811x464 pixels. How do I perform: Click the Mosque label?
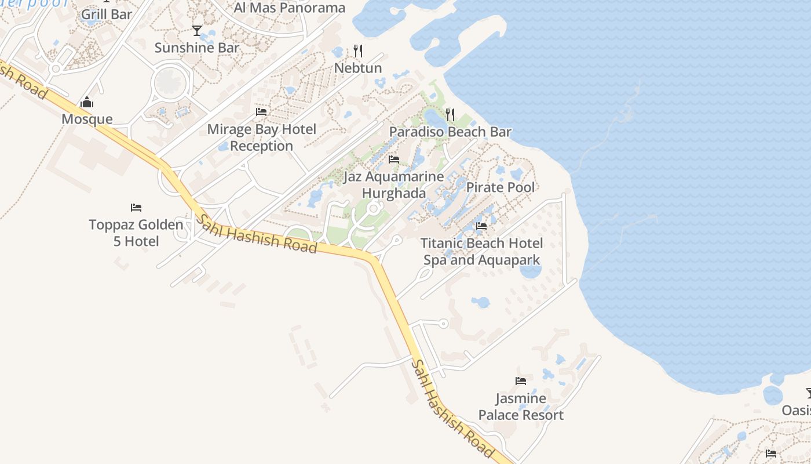[87, 119]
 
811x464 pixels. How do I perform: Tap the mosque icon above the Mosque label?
[87, 103]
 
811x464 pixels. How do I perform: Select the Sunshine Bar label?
[197, 48]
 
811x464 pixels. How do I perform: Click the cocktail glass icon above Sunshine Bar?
[197, 30]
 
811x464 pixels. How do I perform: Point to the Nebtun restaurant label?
[358, 68]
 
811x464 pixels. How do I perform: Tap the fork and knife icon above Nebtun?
[358, 51]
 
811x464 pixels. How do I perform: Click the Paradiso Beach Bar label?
[450, 132]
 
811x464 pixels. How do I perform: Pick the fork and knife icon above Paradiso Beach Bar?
[450, 115]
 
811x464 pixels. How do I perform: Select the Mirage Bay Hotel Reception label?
[262, 137]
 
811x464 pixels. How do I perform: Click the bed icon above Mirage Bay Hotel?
[261, 111]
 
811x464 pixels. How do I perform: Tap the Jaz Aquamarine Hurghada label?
[394, 184]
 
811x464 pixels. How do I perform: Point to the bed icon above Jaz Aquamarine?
[394, 159]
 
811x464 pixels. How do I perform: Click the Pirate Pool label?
[501, 187]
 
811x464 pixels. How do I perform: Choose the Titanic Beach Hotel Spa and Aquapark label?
[482, 251]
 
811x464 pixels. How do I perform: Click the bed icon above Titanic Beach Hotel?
[481, 226]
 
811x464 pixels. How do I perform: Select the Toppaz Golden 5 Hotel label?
[136, 233]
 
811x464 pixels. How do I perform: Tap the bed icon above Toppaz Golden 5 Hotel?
[136, 207]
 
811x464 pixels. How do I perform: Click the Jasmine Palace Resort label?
[521, 407]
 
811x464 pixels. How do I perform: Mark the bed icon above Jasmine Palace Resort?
[521, 381]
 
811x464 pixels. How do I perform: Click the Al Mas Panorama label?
[289, 8]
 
